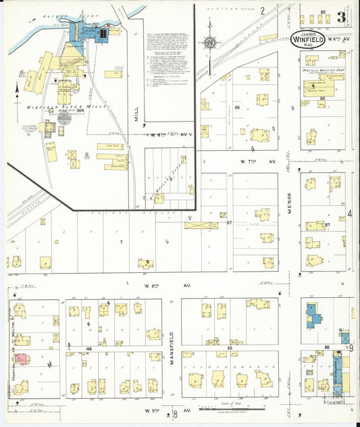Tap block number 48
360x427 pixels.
pyautogui.click(x=89, y=349)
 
